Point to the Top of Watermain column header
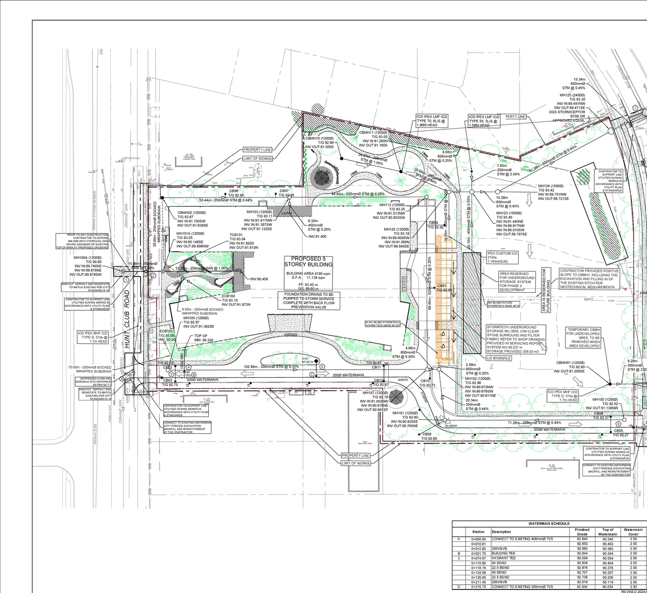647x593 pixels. (607, 532)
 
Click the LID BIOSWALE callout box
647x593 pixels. (499, 358)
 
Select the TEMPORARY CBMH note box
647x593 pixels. (584, 337)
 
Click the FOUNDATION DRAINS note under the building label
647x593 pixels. (309, 300)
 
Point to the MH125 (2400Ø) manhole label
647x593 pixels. (572, 95)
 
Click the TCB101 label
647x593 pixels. (237, 235)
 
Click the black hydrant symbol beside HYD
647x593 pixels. (316, 360)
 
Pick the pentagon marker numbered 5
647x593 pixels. (322, 366)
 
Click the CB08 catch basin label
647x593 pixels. (427, 434)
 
